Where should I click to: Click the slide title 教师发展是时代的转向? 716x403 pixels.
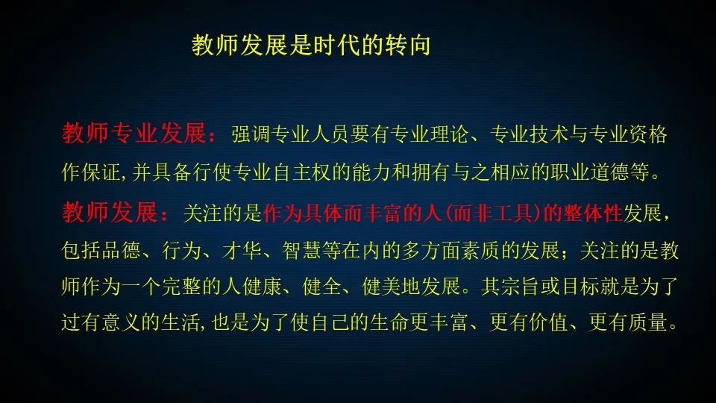tap(312, 46)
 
